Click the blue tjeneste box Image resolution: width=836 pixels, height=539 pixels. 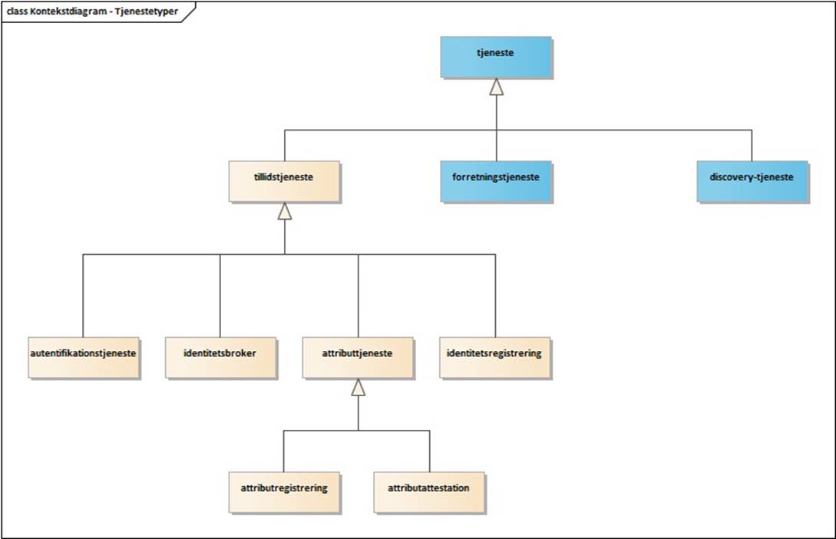point(496,56)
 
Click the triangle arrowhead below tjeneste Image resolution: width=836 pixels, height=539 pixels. point(497,87)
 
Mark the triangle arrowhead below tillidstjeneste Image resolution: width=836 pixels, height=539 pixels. point(285,212)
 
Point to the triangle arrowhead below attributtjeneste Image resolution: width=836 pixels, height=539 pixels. point(359,388)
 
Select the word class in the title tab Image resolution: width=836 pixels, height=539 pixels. point(17,12)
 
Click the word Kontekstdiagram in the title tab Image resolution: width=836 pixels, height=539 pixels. point(67,12)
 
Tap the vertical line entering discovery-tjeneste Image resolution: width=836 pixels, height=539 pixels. point(752,145)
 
